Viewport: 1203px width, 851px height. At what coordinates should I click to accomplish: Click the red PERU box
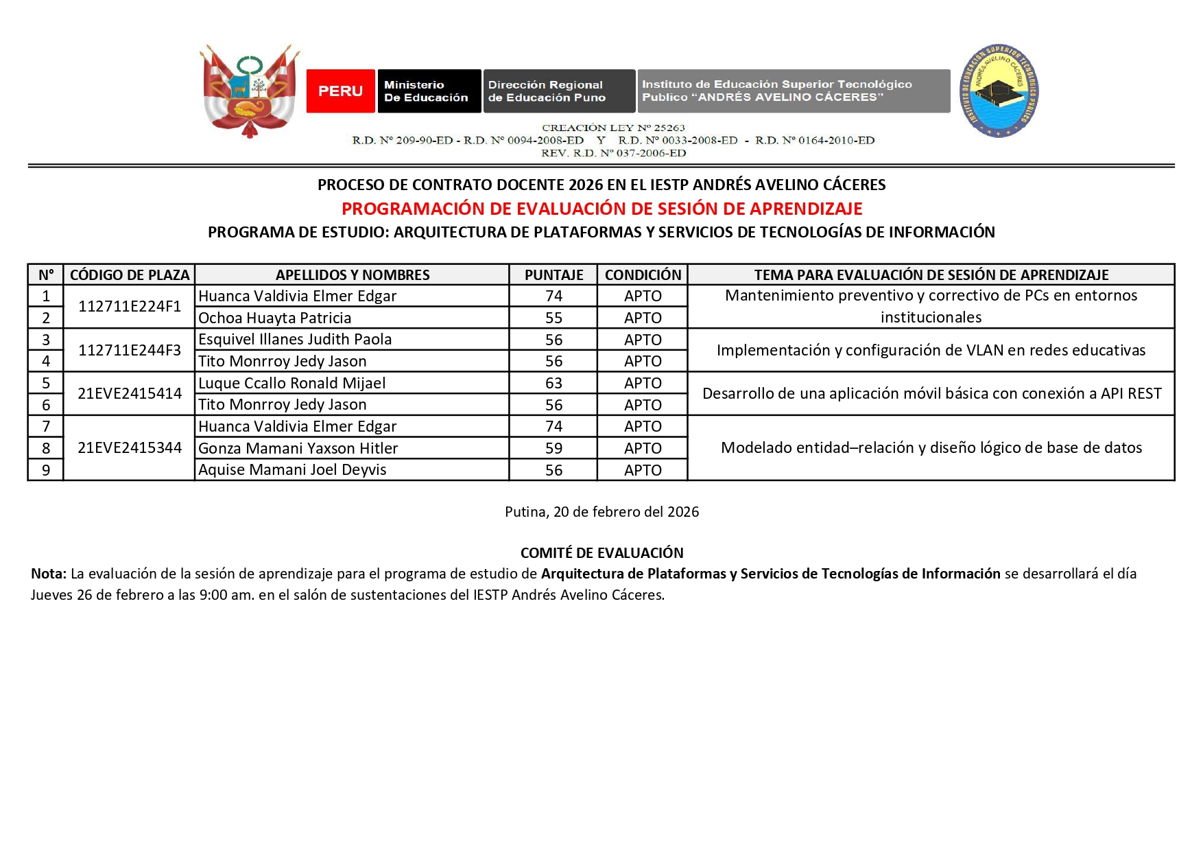[340, 91]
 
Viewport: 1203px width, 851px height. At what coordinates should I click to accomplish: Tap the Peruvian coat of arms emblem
[250, 91]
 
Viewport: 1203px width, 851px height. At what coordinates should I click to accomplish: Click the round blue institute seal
[999, 91]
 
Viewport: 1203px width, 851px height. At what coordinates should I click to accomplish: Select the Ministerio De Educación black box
[429, 91]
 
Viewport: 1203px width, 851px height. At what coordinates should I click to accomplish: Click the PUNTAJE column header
[553, 275]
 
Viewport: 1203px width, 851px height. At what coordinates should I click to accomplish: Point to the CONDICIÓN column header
[643, 275]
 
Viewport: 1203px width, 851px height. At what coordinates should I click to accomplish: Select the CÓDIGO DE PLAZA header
[130, 275]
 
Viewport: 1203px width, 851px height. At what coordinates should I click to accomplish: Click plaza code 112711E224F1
[130, 306]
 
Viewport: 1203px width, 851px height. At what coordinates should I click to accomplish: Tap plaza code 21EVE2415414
[130, 393]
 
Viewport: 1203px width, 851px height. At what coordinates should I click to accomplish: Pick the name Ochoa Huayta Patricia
[275, 318]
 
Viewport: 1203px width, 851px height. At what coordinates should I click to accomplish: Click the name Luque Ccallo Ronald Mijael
[292, 383]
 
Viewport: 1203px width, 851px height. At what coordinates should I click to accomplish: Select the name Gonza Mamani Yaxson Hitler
[298, 448]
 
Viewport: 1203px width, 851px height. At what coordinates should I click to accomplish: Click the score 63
[553, 383]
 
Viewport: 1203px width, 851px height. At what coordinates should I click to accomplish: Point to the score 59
[553, 448]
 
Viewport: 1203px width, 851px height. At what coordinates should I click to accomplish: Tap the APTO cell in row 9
[643, 470]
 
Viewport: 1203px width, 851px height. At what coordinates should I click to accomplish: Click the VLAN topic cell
[931, 350]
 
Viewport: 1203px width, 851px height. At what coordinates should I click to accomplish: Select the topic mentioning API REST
[931, 393]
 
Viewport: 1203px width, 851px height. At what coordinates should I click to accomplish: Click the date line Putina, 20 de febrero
[601, 512]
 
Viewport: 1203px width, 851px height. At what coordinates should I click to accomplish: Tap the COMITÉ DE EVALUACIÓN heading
[601, 553]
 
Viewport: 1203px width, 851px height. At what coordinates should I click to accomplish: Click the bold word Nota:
[49, 574]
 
